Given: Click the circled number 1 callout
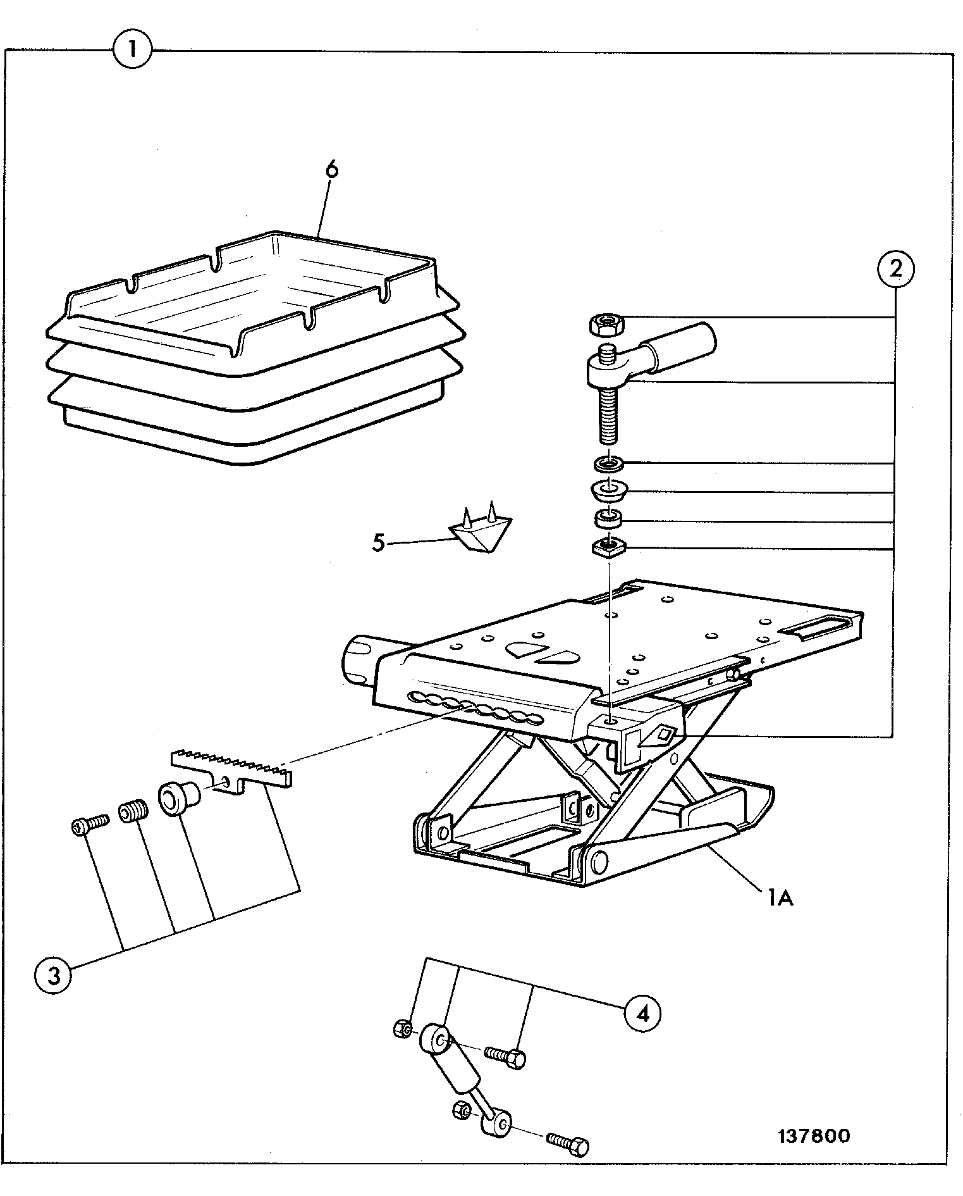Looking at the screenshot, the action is pyautogui.click(x=132, y=49).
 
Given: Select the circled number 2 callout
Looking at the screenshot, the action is pyautogui.click(x=895, y=269).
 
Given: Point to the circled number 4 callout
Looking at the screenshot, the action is pyautogui.click(x=642, y=1014).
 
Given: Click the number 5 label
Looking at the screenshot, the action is pyautogui.click(x=378, y=542).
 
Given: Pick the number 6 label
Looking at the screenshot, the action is pyautogui.click(x=331, y=170).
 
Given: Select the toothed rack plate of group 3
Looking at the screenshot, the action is pyautogui.click(x=231, y=769).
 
